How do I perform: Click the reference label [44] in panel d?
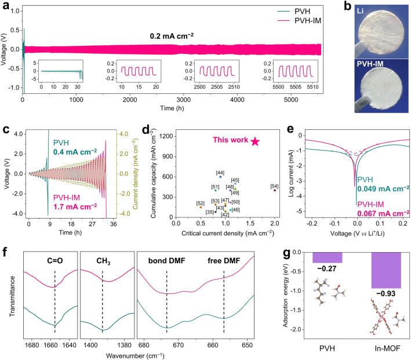(220, 172)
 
